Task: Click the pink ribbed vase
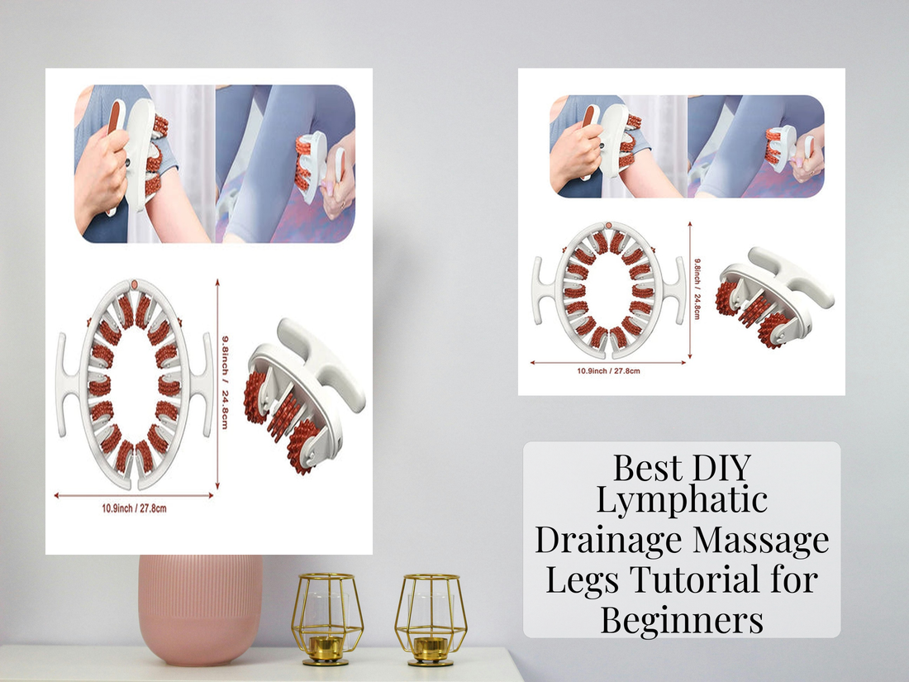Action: pyautogui.click(x=200, y=608)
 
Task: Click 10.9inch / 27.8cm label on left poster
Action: pyautogui.click(x=133, y=508)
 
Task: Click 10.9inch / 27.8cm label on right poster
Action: pyautogui.click(x=608, y=371)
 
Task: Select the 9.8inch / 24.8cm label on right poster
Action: pyautogui.click(x=696, y=286)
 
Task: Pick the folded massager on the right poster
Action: pyautogui.click(x=773, y=293)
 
